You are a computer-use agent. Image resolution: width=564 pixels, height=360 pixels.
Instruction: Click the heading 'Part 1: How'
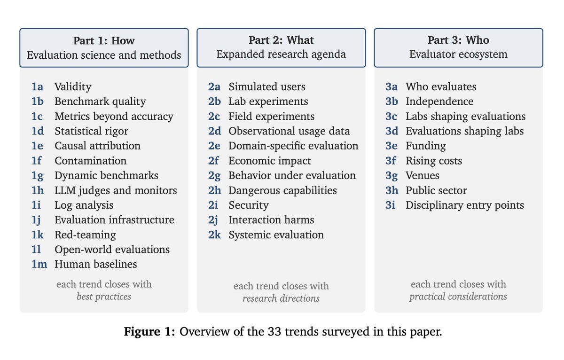(x=104, y=40)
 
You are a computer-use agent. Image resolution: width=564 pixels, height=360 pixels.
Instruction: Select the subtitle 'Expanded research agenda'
(x=281, y=55)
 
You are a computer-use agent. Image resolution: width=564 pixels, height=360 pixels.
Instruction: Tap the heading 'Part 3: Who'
(x=458, y=40)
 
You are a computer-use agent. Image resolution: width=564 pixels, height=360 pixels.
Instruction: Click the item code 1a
(x=37, y=86)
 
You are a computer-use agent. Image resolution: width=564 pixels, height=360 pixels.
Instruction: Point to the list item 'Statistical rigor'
(x=91, y=131)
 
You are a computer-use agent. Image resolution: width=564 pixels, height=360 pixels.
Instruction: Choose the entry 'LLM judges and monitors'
(x=116, y=190)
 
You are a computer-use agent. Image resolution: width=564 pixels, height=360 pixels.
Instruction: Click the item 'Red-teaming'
(x=86, y=235)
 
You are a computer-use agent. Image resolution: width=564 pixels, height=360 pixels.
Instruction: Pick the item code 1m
(x=39, y=264)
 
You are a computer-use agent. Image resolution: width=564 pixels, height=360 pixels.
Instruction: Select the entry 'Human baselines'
(x=96, y=264)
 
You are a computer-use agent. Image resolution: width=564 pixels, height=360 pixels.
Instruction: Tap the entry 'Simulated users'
(x=267, y=86)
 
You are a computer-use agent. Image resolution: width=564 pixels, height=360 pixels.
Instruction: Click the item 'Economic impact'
(x=270, y=161)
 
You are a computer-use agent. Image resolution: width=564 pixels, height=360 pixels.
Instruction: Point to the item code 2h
(x=214, y=190)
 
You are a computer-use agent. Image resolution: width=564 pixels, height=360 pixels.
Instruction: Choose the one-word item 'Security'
(x=249, y=205)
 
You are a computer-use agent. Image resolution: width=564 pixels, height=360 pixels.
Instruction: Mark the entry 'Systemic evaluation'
(x=276, y=235)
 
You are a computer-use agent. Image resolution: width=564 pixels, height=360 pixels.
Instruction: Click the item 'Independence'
(x=439, y=102)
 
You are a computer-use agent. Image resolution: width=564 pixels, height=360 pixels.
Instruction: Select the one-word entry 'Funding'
(x=425, y=146)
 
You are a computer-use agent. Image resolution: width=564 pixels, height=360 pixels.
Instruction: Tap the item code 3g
(x=392, y=176)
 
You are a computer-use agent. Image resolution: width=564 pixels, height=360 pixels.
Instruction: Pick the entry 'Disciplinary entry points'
(x=464, y=205)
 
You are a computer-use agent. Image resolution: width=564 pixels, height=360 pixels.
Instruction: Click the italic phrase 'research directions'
(x=281, y=298)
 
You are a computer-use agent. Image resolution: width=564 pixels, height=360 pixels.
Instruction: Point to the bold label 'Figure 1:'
(x=149, y=331)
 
